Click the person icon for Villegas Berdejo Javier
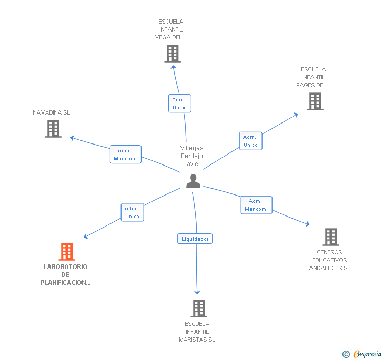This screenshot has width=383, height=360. (x=194, y=181)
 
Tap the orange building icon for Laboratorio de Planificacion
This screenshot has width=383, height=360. (x=67, y=252)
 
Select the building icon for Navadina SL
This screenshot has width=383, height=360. (x=53, y=129)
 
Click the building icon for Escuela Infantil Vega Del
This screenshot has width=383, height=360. (x=173, y=54)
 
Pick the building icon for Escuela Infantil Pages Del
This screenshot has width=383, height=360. (x=315, y=101)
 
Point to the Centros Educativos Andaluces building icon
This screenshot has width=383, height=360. (x=331, y=237)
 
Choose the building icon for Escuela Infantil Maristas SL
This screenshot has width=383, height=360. (x=198, y=308)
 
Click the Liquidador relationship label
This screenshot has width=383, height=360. (x=195, y=239)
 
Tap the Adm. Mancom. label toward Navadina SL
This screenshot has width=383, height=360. (x=126, y=155)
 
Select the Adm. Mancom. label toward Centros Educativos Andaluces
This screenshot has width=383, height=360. (x=256, y=205)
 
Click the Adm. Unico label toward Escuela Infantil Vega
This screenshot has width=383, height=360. (x=179, y=104)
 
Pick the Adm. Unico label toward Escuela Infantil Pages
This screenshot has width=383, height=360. (x=250, y=141)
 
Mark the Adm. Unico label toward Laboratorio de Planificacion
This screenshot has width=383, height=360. (x=132, y=212)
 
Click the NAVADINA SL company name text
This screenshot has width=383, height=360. (x=52, y=112)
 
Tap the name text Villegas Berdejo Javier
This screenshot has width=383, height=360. (x=192, y=156)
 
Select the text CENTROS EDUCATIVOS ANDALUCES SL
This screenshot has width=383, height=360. (x=329, y=260)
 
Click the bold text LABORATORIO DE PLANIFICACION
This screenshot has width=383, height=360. (x=66, y=274)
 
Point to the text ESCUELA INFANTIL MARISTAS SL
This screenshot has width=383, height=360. (x=197, y=332)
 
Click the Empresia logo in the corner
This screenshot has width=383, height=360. (x=362, y=354)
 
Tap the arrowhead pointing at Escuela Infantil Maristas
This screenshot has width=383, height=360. (x=198, y=292)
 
